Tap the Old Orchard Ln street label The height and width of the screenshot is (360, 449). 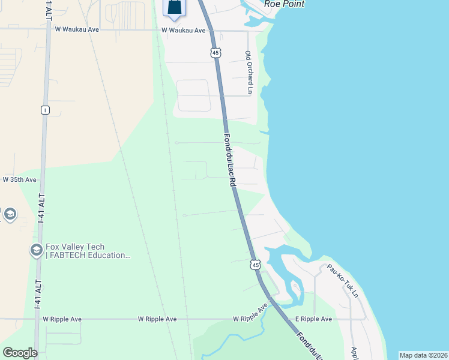click(x=249, y=71)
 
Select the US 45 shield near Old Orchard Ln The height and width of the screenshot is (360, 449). click(x=216, y=53)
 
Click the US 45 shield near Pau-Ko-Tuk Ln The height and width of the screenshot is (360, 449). click(x=256, y=265)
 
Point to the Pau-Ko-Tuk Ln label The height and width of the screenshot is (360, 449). click(x=342, y=282)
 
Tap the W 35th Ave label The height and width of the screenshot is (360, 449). click(x=19, y=179)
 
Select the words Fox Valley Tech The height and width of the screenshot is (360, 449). click(x=75, y=247)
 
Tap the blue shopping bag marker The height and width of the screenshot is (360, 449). click(x=173, y=7)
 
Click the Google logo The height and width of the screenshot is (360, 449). click(x=20, y=353)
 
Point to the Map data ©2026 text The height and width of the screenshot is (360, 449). click(x=423, y=355)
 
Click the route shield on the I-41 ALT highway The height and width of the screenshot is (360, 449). click(x=44, y=110)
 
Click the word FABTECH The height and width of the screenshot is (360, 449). click(x=67, y=256)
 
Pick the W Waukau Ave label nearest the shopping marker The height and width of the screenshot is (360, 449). click(x=184, y=30)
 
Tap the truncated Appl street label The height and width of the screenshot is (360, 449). click(x=354, y=352)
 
